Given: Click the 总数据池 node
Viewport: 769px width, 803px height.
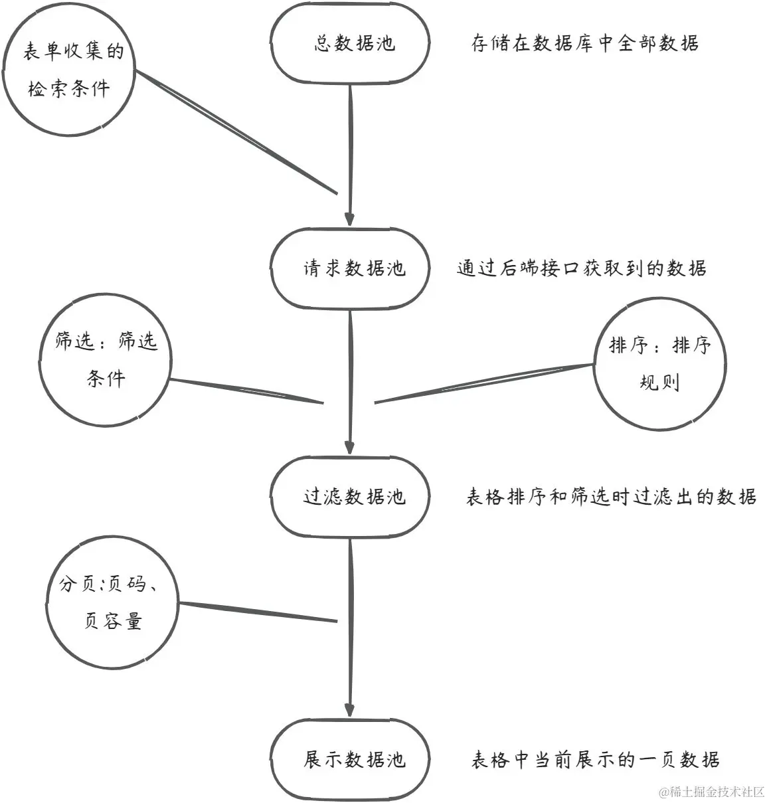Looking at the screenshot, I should point(350,44).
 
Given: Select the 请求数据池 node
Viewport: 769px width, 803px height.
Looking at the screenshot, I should point(350,268).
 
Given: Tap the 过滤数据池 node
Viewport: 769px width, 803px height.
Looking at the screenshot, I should point(350,496).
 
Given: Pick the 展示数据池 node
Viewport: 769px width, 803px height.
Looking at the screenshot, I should point(350,760).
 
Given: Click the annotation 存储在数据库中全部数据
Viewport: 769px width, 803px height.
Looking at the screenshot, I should point(584,44).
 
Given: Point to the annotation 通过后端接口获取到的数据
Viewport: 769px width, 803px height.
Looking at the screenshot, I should point(581,268).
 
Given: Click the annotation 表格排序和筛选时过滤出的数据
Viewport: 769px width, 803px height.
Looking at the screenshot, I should point(611,497).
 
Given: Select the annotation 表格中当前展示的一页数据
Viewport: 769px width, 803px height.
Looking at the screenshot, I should point(595,760).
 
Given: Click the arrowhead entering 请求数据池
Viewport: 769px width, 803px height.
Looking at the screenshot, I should point(350,219).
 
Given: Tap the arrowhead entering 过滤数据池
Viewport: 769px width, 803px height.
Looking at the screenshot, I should point(350,446).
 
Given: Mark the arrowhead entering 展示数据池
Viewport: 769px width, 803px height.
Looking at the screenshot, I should point(350,709).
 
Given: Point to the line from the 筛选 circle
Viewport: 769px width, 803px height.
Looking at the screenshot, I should point(246,391).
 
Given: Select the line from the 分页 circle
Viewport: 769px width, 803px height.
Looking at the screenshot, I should point(259,612).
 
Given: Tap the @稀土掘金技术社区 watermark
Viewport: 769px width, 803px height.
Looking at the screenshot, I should point(712,792).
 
